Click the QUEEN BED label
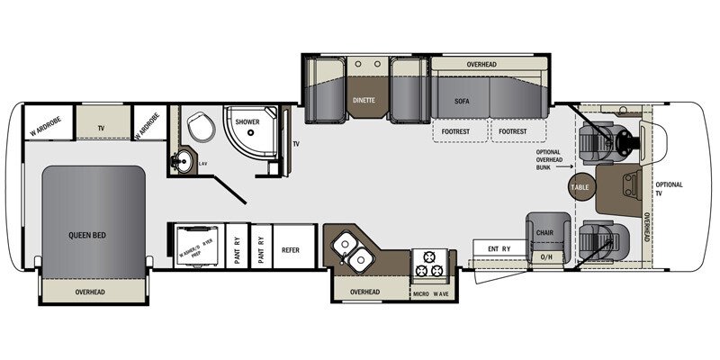[87, 235]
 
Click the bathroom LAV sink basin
[183, 163]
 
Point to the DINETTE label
[364, 101]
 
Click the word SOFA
[463, 103]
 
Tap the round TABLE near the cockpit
[580, 186]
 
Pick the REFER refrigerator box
[291, 249]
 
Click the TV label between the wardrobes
[102, 129]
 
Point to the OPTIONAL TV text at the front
[670, 189]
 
